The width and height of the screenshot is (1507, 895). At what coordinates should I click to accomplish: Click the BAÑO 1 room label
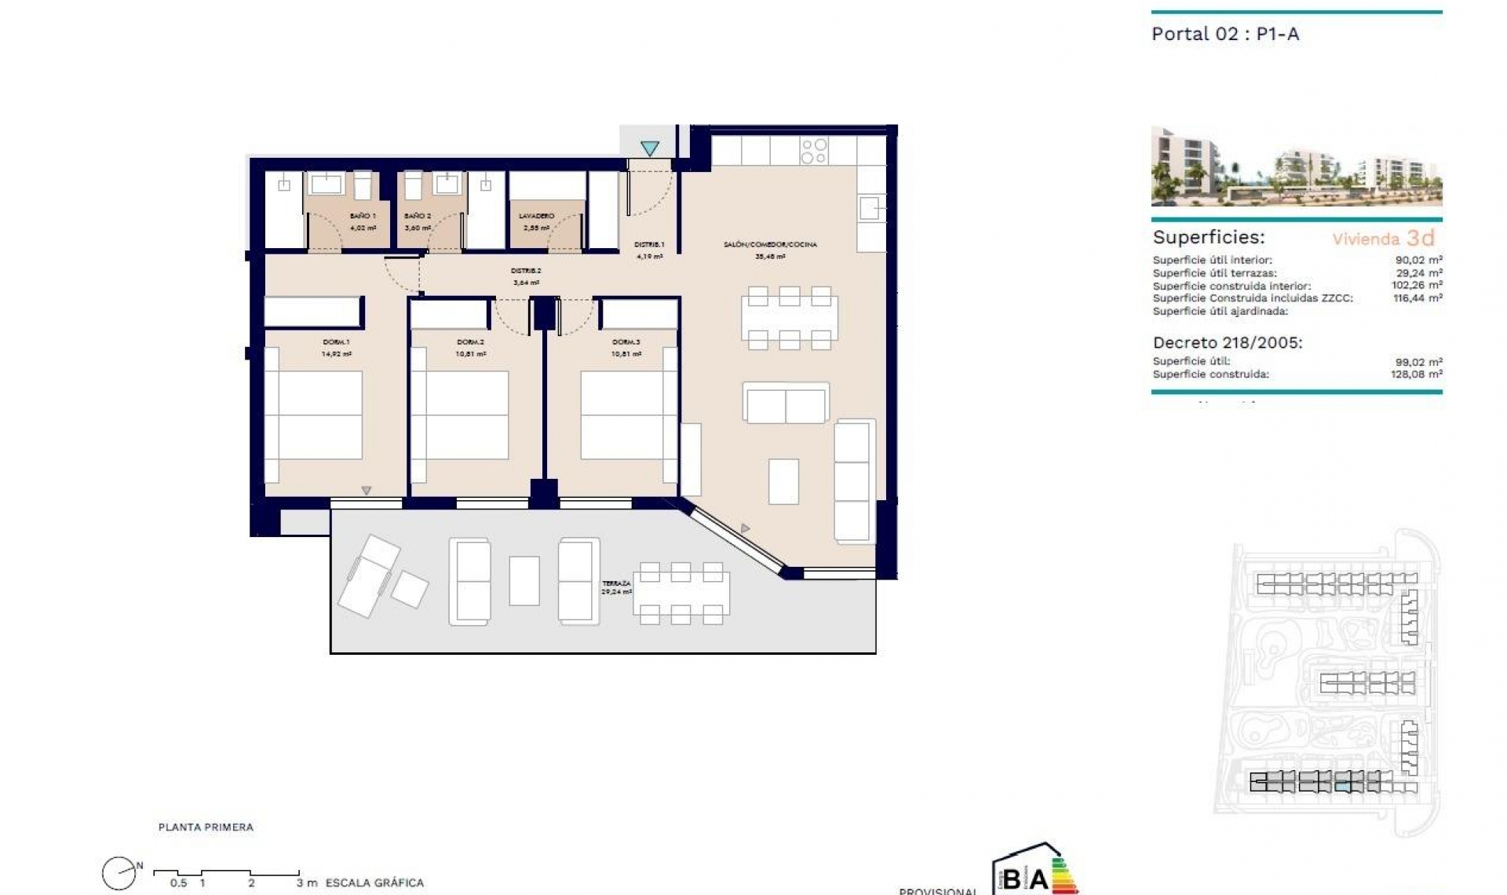[x=363, y=216]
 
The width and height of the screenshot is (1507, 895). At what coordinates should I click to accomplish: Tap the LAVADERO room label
[x=537, y=216]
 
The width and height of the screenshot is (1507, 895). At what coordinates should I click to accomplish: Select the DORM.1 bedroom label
[x=336, y=342]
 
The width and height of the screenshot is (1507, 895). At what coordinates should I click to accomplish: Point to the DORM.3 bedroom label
[x=626, y=342]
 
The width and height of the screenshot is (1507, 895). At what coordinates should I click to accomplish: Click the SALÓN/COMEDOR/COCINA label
[x=770, y=245]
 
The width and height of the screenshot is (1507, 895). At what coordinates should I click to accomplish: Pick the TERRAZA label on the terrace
[x=616, y=583]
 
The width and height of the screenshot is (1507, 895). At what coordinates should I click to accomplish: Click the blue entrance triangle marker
[x=649, y=148]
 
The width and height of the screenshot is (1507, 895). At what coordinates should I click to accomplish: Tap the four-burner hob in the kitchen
[x=814, y=151]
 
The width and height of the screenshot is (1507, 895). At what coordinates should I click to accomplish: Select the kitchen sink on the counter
[x=871, y=208]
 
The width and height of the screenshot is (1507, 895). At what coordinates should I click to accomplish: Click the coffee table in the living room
[x=783, y=481]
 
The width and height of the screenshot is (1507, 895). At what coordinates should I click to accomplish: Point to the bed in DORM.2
[x=466, y=415]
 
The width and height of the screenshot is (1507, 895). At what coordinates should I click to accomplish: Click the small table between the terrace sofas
[x=524, y=580]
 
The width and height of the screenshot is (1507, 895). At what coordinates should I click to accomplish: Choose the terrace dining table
[x=681, y=594]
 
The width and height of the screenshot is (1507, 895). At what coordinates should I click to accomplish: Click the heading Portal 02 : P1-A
[x=1224, y=34]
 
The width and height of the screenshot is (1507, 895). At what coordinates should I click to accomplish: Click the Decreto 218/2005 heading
[x=1227, y=343]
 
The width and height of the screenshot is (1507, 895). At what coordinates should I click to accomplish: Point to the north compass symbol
[x=119, y=872]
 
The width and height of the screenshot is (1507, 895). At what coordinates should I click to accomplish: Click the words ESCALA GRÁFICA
[x=374, y=882]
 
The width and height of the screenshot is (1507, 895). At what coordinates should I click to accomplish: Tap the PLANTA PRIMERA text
[x=206, y=827]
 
